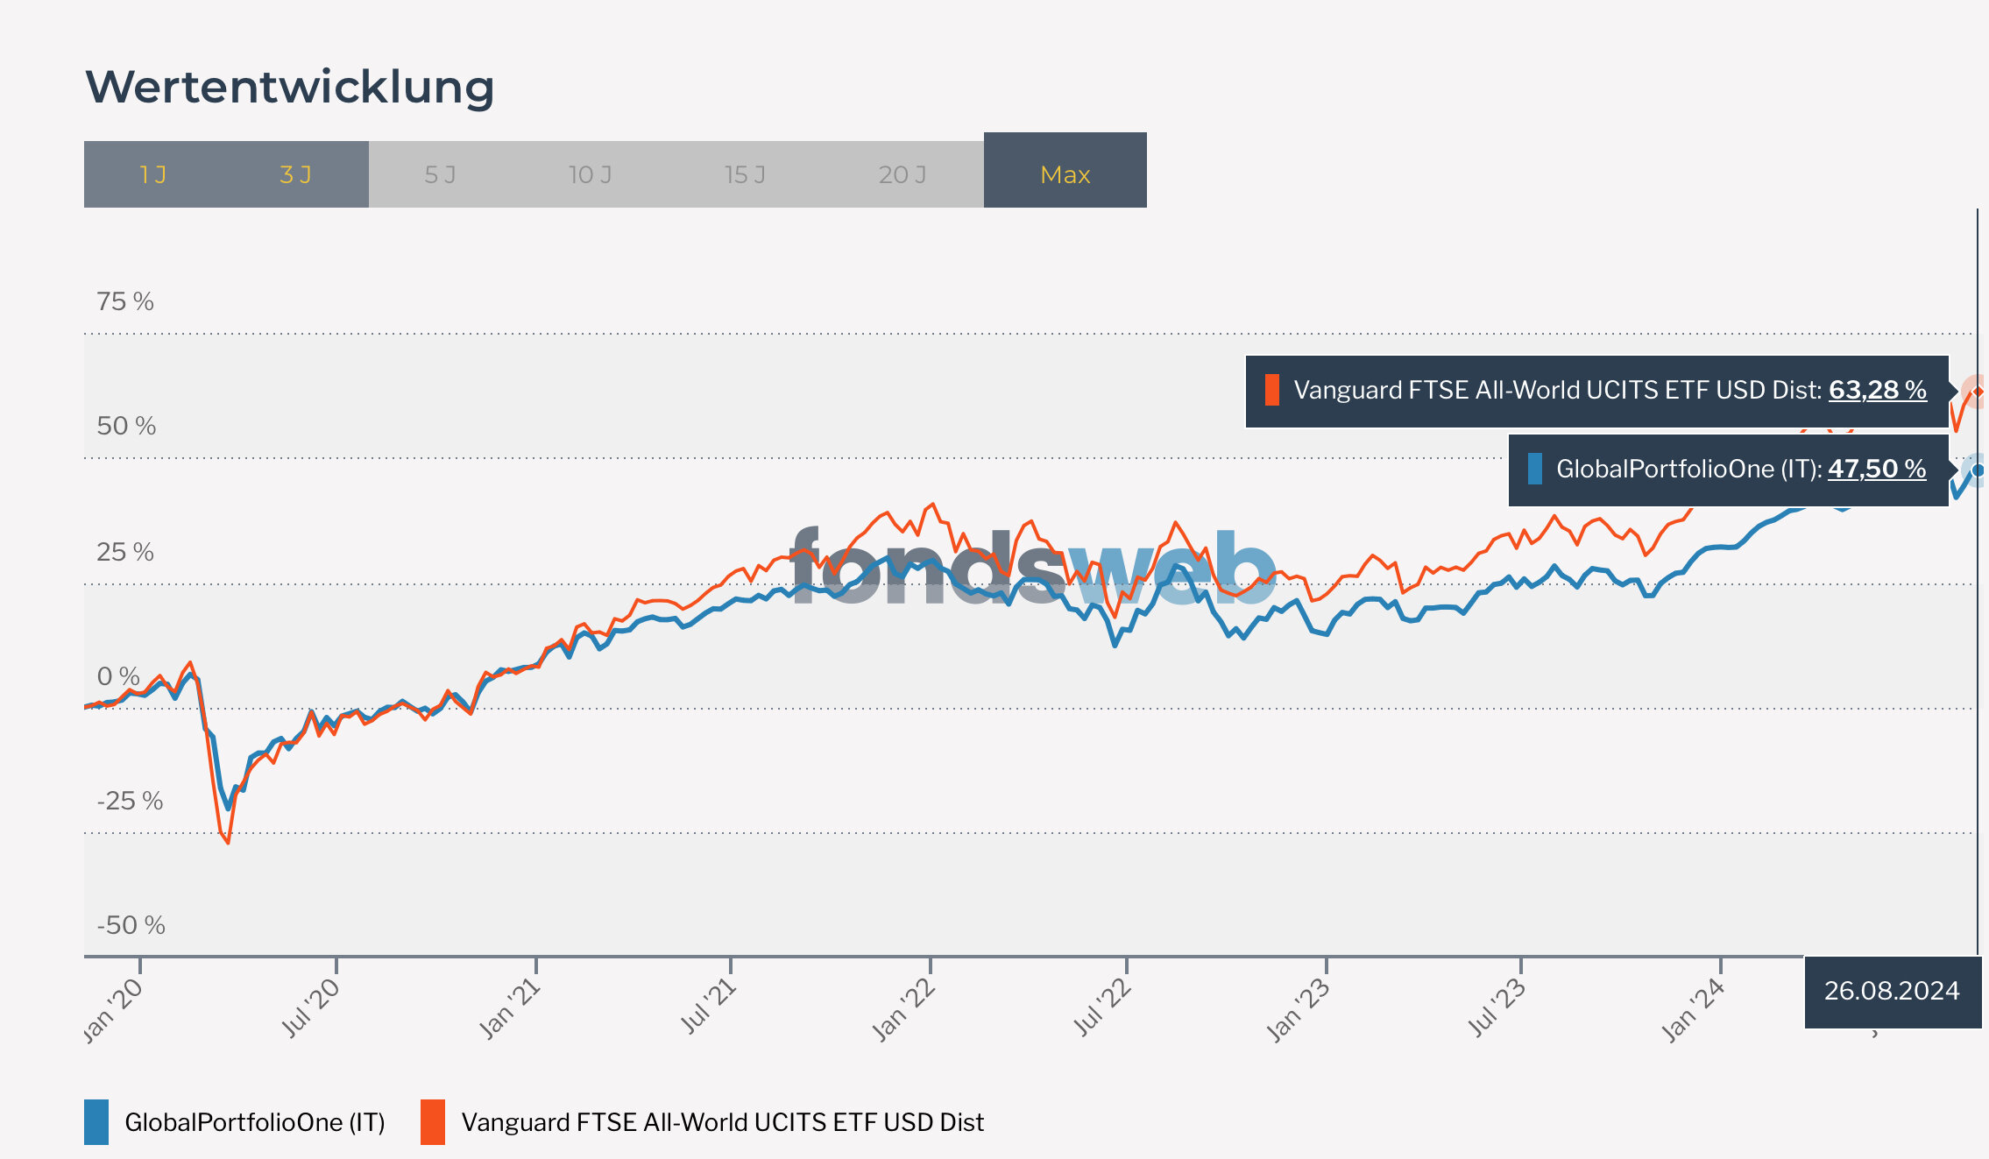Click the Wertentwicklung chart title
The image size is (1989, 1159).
(x=289, y=88)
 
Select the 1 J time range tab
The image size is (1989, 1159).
(x=152, y=174)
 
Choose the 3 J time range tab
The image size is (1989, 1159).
(x=295, y=174)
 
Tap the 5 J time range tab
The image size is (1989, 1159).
(x=440, y=174)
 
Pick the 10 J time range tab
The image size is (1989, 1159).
(x=590, y=174)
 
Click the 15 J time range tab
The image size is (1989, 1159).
(x=745, y=174)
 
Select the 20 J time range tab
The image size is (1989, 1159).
(x=902, y=174)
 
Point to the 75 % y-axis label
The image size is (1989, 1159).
(x=125, y=301)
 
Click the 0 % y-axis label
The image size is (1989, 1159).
(x=118, y=676)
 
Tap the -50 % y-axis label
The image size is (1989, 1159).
(x=131, y=925)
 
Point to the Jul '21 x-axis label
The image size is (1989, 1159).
(x=708, y=1007)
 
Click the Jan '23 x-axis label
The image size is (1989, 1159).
(x=1299, y=1011)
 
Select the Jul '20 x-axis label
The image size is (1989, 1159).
(x=310, y=1007)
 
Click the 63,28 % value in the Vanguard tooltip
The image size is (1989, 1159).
(x=1877, y=390)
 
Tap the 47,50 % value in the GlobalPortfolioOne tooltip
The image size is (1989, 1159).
(x=1876, y=469)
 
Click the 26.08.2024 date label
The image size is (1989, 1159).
(x=1892, y=991)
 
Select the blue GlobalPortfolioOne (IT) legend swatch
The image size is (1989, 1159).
(x=96, y=1122)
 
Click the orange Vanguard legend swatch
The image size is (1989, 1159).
(x=433, y=1122)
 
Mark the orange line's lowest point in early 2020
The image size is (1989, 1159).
(x=228, y=843)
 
